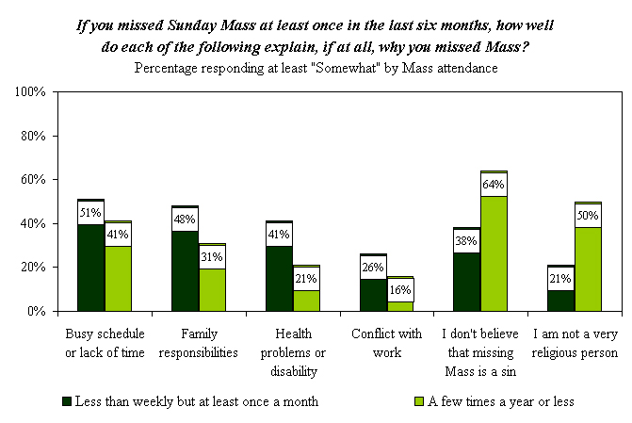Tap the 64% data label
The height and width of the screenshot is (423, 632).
[x=494, y=185]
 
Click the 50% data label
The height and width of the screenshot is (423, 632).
[x=588, y=215]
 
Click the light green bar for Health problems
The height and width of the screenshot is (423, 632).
[x=306, y=300]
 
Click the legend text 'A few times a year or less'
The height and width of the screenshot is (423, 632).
[x=502, y=401]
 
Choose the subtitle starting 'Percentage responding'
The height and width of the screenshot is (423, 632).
[x=316, y=68]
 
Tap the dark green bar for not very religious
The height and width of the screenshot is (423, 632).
[x=560, y=300]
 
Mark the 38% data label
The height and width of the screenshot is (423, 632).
[x=467, y=240]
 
